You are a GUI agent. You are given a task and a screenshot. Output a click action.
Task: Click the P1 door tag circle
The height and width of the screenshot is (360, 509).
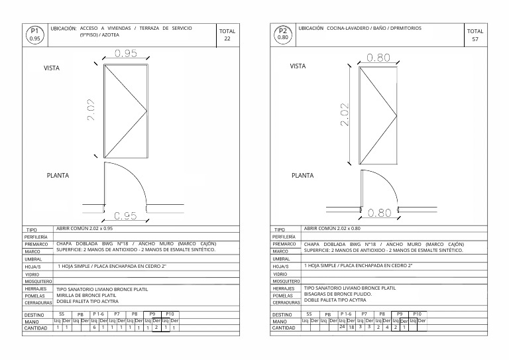click(35, 34)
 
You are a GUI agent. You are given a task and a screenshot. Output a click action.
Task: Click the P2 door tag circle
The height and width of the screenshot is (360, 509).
click(283, 34)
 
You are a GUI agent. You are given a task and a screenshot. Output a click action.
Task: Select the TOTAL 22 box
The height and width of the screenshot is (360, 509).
click(227, 34)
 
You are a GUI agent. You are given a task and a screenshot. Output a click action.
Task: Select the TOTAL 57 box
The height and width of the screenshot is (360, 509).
click(475, 35)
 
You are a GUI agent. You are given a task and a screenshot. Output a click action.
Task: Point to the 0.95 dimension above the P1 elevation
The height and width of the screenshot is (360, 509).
click(126, 53)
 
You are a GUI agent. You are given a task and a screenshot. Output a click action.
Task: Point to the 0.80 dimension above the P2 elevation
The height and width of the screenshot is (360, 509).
click(378, 58)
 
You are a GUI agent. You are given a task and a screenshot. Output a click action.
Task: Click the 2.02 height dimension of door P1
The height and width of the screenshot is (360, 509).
click(91, 109)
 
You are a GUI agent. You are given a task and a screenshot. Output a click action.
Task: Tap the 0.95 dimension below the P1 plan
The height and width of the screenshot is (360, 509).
click(125, 216)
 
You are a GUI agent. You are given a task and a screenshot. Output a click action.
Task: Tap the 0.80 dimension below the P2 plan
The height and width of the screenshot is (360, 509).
click(379, 213)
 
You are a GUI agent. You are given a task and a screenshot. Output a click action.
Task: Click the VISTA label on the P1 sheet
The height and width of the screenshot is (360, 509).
click(53, 68)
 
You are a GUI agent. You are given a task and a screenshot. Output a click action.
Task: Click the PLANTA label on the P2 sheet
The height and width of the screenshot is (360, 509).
click(303, 176)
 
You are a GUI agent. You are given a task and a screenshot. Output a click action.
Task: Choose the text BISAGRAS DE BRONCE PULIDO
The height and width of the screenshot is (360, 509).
click(337, 294)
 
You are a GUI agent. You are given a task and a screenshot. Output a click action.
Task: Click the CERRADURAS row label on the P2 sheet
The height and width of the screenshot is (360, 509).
click(287, 302)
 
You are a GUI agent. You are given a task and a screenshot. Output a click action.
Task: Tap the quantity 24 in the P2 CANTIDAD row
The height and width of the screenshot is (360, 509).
click(342, 327)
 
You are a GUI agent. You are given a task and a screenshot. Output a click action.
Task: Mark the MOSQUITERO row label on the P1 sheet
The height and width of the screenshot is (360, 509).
click(38, 281)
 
